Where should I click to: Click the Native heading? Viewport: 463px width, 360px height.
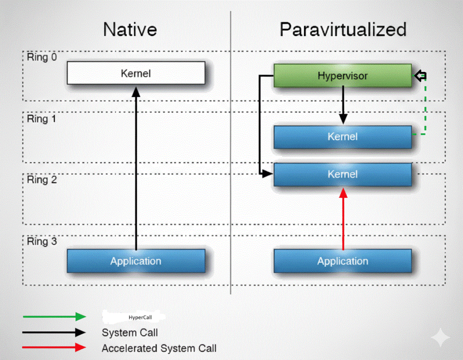(130, 30)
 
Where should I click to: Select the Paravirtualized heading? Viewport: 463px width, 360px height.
(343, 30)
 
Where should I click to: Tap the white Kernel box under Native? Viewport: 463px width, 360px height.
(136, 73)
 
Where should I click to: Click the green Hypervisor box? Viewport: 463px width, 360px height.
(342, 76)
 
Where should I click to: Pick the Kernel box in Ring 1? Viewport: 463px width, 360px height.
(342, 137)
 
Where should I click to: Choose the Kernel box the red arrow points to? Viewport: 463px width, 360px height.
(342, 175)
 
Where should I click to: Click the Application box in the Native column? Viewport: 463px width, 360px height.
(136, 261)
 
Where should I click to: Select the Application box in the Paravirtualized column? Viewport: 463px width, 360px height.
(342, 261)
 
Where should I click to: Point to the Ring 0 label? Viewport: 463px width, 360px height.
(42, 58)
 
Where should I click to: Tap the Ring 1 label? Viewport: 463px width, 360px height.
(42, 119)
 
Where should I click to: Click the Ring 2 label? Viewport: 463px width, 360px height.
(42, 180)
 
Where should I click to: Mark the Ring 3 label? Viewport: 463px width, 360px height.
(42, 241)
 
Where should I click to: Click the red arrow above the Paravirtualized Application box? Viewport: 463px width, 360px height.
(343, 219)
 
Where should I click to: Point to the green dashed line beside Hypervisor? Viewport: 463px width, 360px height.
(425, 109)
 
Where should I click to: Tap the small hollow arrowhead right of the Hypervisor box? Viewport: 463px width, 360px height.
(420, 76)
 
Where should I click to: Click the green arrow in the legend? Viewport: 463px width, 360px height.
(54, 317)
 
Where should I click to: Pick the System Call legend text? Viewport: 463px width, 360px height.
(130, 333)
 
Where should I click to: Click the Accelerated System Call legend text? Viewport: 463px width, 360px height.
(159, 348)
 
